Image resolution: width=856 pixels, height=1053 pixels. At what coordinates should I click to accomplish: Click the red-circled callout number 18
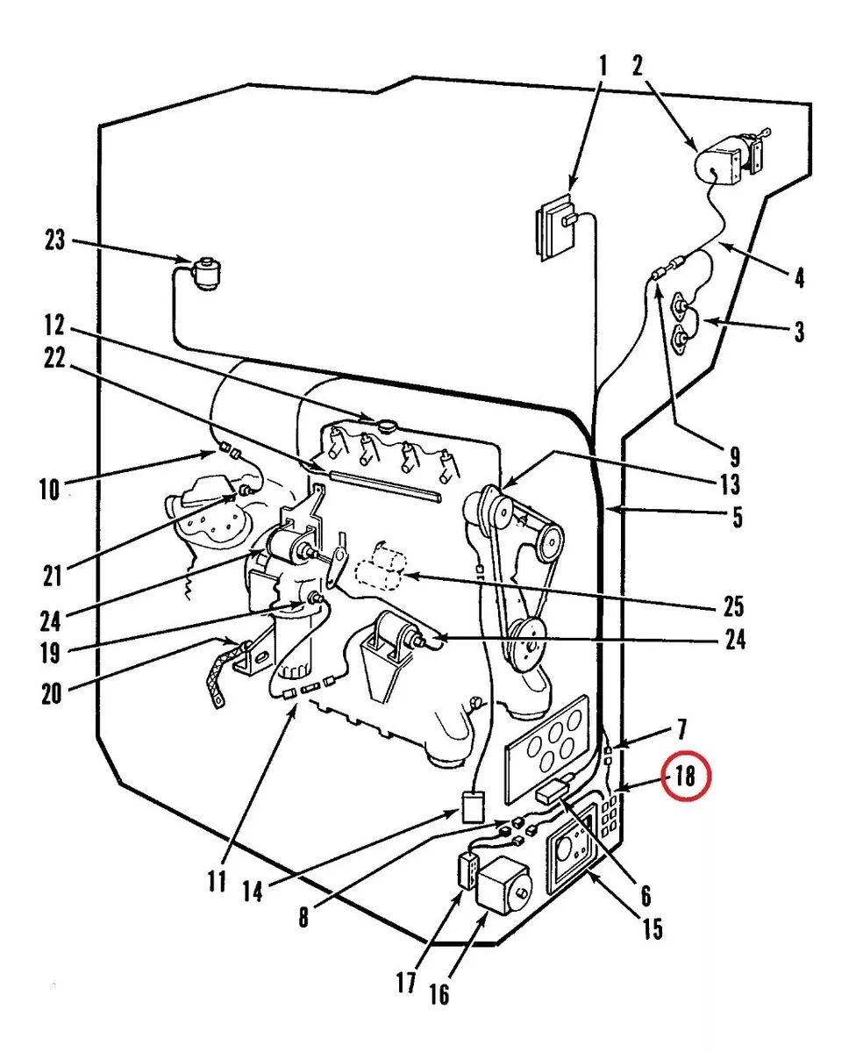pos(685,776)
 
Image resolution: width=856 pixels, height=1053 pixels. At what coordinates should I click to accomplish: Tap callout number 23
pos(55,240)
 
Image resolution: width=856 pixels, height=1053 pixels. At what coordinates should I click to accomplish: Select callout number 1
pos(603,66)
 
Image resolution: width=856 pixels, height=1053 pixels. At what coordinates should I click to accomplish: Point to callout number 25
pos(733,606)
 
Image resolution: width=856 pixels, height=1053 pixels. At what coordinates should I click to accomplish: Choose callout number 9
pos(735,456)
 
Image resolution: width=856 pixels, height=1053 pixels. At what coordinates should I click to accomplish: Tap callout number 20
pos(52,693)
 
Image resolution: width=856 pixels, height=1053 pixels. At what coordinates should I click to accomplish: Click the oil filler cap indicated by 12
pos(385,425)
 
